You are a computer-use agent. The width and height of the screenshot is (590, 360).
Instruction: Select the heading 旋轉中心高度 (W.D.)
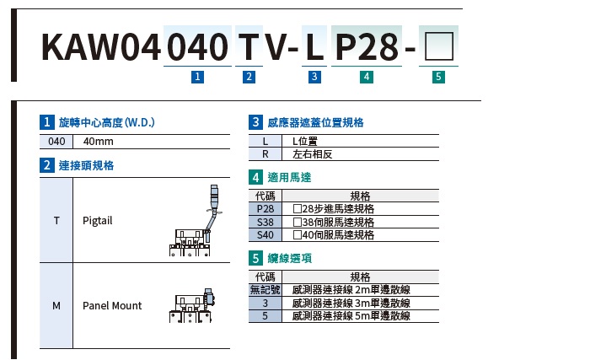click(106, 122)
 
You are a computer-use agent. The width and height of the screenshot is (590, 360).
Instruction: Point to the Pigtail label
click(98, 220)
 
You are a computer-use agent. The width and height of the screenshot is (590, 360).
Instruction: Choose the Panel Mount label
click(112, 305)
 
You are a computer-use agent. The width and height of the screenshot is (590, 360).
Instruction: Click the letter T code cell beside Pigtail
click(56, 220)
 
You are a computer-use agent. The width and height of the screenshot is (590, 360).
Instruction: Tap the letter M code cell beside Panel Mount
click(56, 305)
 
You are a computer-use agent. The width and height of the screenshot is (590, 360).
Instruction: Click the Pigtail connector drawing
click(193, 224)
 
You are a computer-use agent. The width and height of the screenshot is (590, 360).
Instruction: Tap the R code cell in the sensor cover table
click(265, 154)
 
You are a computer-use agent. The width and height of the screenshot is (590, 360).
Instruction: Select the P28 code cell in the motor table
click(265, 209)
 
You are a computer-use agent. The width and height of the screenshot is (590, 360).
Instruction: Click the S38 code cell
click(265, 222)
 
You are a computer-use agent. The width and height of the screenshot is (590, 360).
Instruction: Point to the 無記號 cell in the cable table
click(265, 290)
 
